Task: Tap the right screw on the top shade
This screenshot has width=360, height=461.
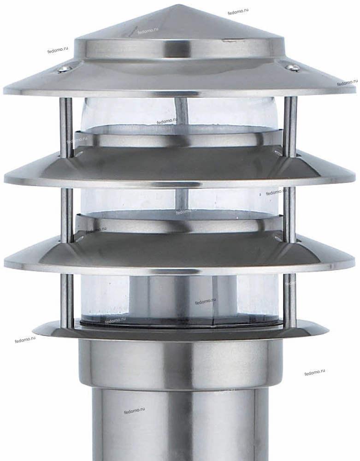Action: point(293,68)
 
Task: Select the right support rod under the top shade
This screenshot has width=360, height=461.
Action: point(291,125)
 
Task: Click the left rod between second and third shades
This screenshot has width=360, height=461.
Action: point(67,211)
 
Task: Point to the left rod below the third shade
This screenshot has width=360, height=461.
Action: point(67,300)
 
